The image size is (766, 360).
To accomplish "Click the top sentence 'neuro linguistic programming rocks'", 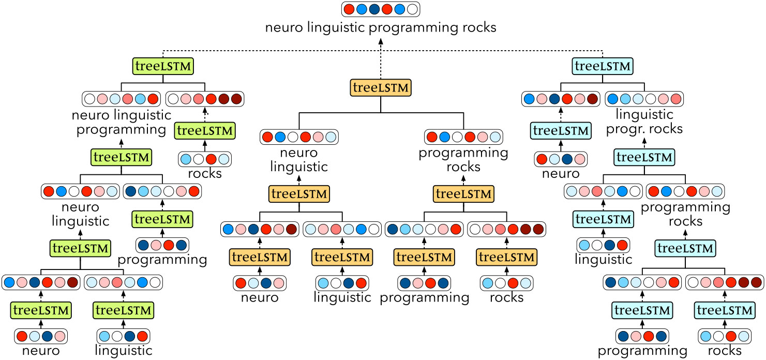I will [381, 27].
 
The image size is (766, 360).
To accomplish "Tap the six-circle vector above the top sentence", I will [381, 9].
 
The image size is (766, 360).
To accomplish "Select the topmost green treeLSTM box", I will [163, 66].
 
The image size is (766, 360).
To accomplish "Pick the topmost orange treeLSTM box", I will [381, 88].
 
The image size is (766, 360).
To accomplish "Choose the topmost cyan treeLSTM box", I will [603, 66].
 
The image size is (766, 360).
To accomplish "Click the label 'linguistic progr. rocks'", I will [644, 121].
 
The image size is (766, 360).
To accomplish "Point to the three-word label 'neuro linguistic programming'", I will [122, 122].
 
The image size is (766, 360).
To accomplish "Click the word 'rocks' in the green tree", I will [204, 173].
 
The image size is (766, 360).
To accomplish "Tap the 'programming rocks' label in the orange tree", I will [463, 160].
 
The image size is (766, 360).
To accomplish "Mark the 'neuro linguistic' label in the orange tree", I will [298, 160].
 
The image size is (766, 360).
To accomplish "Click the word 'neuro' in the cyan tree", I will [561, 174].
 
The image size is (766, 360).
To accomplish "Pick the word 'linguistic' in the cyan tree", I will [604, 259].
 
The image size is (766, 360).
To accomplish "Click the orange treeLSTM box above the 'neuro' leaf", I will [260, 257].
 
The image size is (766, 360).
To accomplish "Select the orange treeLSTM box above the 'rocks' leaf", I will [506, 257].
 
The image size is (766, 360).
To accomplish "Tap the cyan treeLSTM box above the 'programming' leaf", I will [642, 310].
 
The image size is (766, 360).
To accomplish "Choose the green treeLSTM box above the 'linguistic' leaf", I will [123, 310].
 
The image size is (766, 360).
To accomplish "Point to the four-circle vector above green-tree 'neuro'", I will [41, 336].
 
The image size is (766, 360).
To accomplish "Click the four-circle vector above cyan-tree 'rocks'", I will [724, 336].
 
